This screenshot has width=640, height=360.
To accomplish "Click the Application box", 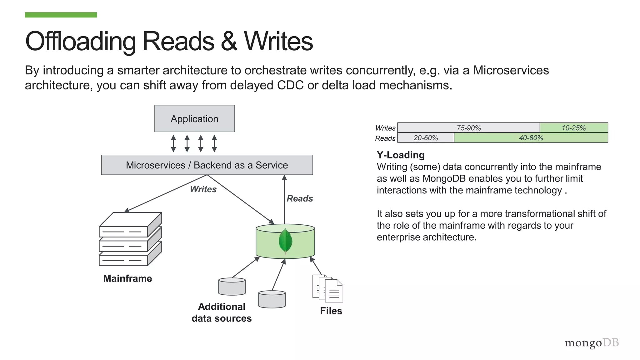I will click(x=194, y=119).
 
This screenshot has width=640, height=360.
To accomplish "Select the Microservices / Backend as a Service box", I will click(x=207, y=165).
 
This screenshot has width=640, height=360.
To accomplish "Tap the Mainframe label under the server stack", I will click(x=127, y=278).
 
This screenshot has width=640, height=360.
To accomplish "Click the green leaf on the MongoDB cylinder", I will click(x=285, y=241).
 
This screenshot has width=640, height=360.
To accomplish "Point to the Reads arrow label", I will click(x=300, y=198).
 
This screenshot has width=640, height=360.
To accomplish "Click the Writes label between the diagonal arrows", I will click(x=203, y=189).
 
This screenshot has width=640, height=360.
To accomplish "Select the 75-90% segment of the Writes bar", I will click(x=468, y=128).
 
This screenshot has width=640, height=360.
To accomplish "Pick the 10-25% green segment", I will click(x=573, y=128).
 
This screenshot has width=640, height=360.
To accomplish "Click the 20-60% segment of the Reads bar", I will click(x=426, y=138).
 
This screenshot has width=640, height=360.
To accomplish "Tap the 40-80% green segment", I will click(x=531, y=138).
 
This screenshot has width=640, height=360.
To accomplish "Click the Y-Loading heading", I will click(x=400, y=155).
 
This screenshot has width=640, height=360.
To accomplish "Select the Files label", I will click(x=331, y=311).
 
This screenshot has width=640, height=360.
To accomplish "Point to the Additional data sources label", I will click(x=222, y=312).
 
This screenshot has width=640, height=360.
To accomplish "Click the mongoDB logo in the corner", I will click(x=592, y=343).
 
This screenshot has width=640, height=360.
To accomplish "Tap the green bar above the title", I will click(x=61, y=15).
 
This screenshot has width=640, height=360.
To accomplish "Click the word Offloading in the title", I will click(x=80, y=41).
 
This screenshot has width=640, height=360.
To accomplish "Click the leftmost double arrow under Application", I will click(x=173, y=143).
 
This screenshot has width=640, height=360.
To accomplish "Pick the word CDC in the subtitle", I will click(x=290, y=85).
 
